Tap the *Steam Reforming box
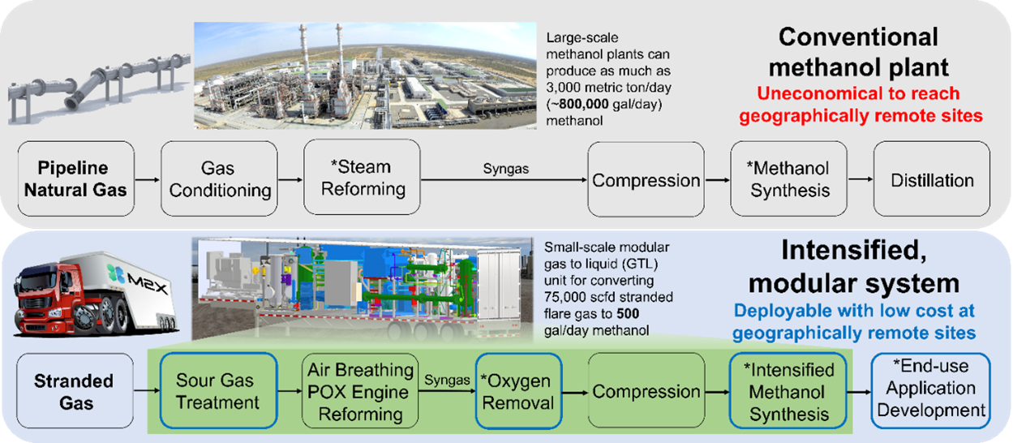point(362,178)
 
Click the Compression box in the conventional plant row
point(646,179)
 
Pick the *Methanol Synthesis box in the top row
point(789,179)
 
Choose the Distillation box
point(931,179)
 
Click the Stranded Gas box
point(74,392)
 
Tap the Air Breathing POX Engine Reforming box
point(359,392)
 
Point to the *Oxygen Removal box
point(517,392)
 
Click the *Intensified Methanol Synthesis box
point(789,392)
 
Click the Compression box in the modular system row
point(646,392)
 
